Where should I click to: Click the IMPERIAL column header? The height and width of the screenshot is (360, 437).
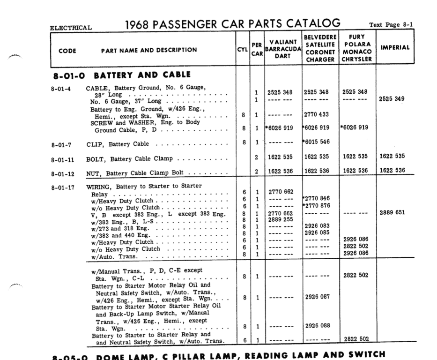[395, 48]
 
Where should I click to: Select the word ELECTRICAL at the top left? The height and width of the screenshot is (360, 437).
[71, 27]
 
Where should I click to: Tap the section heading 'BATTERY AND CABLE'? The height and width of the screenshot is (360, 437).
[142, 75]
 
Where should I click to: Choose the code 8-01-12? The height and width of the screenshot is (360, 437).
[63, 173]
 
